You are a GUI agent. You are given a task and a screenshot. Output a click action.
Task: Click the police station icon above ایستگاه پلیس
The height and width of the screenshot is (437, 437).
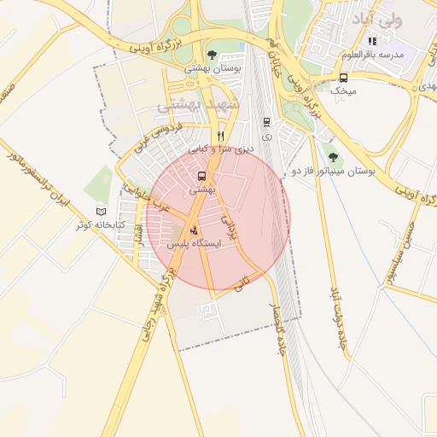pyautogui.click(x=193, y=230)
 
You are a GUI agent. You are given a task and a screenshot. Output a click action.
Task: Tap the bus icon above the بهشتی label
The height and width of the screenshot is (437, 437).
pyautogui.click(x=202, y=176)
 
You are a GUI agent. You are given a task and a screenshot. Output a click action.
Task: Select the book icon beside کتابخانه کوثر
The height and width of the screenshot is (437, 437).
pyautogui.click(x=102, y=211)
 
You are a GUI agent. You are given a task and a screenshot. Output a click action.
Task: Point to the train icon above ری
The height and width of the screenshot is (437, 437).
pyautogui.click(x=267, y=122)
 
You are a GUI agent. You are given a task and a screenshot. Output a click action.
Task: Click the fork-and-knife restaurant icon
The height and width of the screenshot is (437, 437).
pyautogui.click(x=221, y=135)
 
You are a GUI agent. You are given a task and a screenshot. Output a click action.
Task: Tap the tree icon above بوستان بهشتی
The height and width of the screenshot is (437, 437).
pyautogui.click(x=212, y=55)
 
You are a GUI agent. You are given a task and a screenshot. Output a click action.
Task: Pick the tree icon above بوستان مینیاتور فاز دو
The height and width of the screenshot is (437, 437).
pyautogui.click(x=332, y=157)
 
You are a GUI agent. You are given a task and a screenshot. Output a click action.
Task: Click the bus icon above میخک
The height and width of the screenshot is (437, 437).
pyautogui.click(x=344, y=76)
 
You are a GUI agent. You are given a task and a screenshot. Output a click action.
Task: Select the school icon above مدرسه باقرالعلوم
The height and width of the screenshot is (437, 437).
pyautogui.click(x=371, y=41)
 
